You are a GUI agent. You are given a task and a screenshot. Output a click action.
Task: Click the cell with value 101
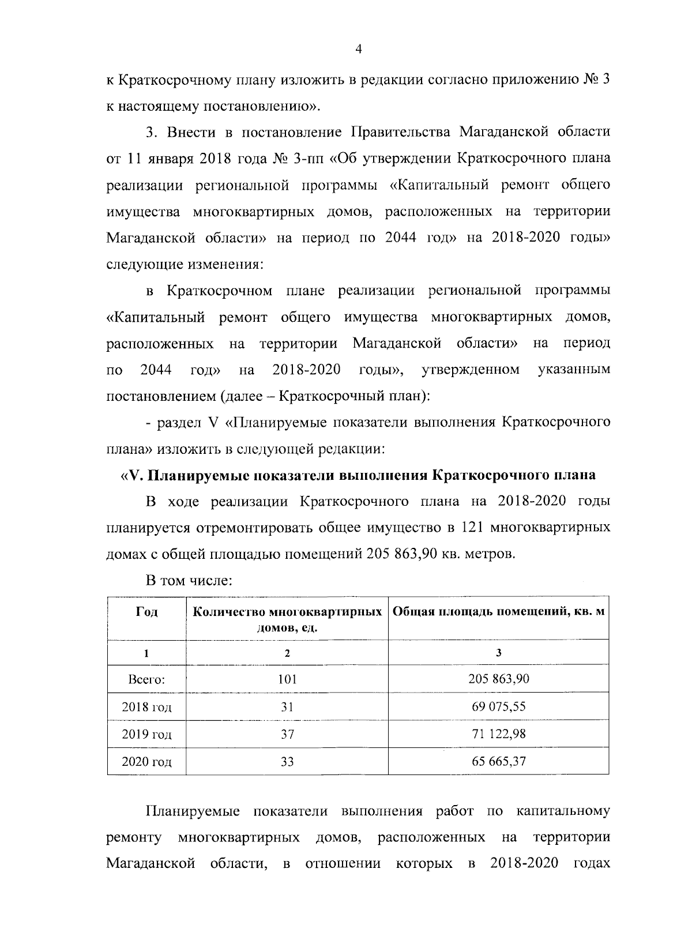point(287,679)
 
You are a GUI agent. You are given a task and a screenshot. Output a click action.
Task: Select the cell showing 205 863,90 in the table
point(498,679)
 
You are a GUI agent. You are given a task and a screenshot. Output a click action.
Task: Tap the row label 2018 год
point(146,706)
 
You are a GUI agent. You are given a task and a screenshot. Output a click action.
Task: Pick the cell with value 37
point(287,734)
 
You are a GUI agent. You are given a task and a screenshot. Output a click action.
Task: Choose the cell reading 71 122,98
point(498,734)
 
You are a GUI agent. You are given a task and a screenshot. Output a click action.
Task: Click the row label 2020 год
point(146,762)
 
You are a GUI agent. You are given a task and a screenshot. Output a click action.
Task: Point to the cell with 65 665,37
point(498,761)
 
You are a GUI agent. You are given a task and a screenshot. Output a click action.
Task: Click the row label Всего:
point(146,679)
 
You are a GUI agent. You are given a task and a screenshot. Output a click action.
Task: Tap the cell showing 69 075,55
point(498,706)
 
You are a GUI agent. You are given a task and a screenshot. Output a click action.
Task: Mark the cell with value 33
point(287,762)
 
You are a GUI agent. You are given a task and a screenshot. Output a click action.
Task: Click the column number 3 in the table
point(498,652)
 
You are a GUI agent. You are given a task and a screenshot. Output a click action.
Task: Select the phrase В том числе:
point(189,581)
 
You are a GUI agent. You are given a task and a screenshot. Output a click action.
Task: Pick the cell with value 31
point(287,706)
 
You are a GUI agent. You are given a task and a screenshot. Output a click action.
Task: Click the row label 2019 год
point(146,734)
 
